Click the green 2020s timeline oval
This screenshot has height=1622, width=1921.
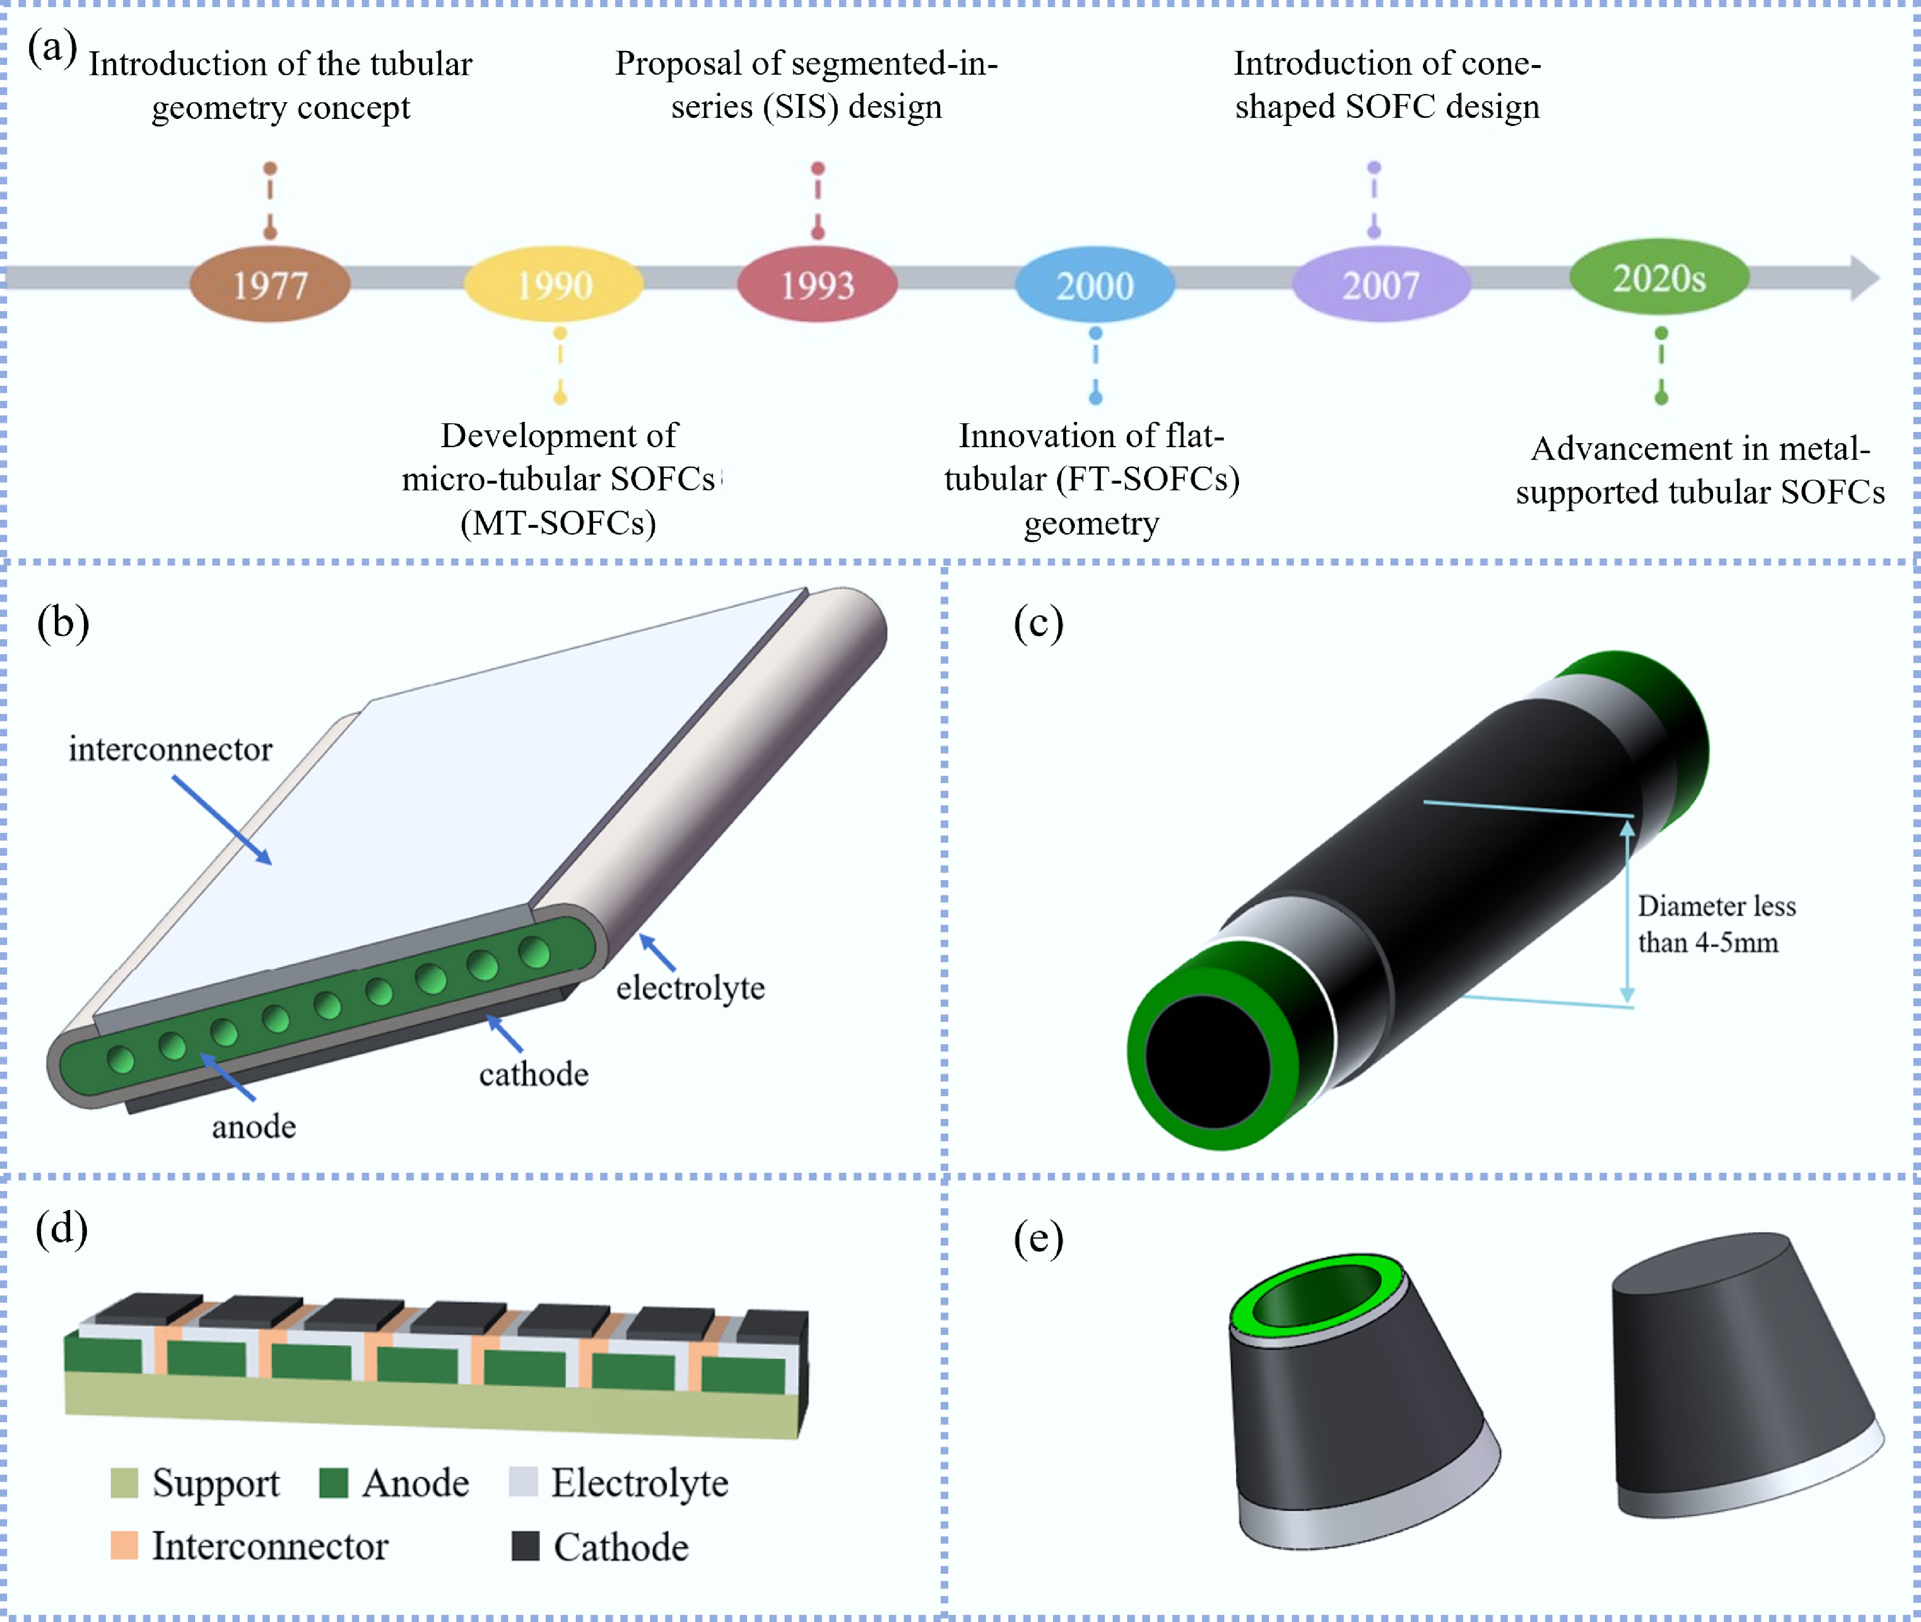[1659, 277]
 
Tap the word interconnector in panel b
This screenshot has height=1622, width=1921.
[170, 750]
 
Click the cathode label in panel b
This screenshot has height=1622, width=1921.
[533, 1074]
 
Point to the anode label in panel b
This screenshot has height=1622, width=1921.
[254, 1127]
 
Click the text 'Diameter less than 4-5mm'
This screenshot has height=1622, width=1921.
[1715, 924]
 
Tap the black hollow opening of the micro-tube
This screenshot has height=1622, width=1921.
[1207, 1062]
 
